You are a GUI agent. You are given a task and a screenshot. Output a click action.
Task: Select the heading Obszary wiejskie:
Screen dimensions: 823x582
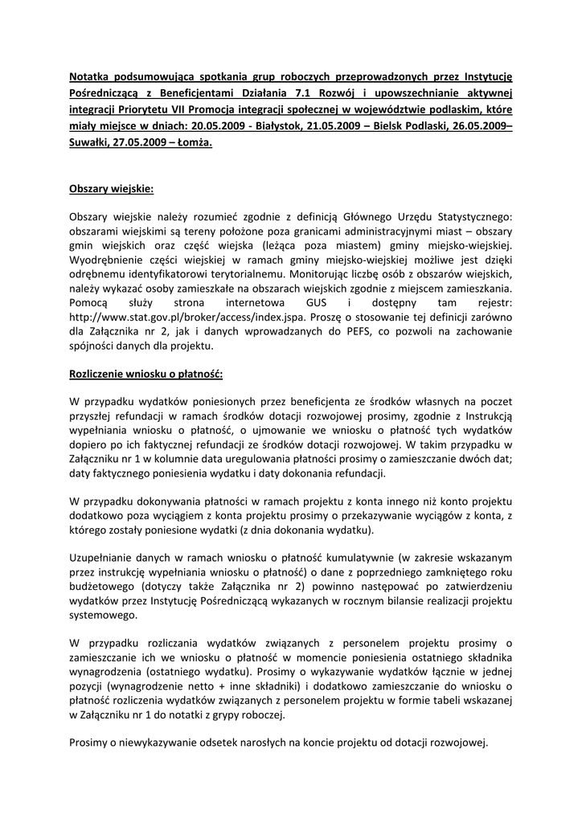click(x=111, y=190)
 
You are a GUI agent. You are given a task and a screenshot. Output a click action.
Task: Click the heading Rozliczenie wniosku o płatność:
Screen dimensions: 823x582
click(x=145, y=375)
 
